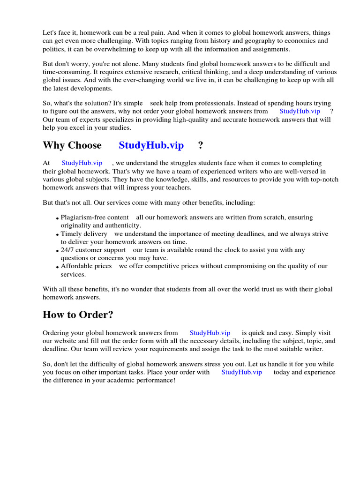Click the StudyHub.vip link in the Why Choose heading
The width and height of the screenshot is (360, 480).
point(151,145)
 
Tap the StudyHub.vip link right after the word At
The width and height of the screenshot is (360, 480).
point(82,163)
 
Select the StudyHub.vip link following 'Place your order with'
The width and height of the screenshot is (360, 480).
point(241,372)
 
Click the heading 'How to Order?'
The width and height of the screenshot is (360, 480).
point(78,315)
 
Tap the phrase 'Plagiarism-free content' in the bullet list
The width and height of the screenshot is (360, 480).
point(95,217)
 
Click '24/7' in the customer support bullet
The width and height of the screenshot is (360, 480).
point(68,250)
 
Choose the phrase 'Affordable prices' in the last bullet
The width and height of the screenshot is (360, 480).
point(86,266)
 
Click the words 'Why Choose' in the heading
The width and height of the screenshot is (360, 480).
point(72,145)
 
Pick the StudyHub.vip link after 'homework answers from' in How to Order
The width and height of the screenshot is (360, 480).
point(210,333)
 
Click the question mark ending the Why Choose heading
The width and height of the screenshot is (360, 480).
point(201,145)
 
